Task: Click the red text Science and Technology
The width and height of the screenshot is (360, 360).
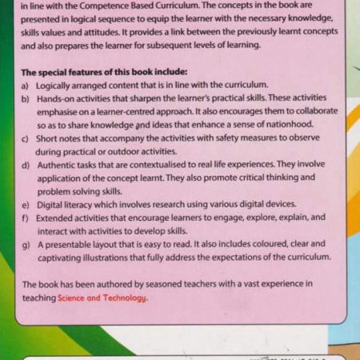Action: (102, 298)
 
